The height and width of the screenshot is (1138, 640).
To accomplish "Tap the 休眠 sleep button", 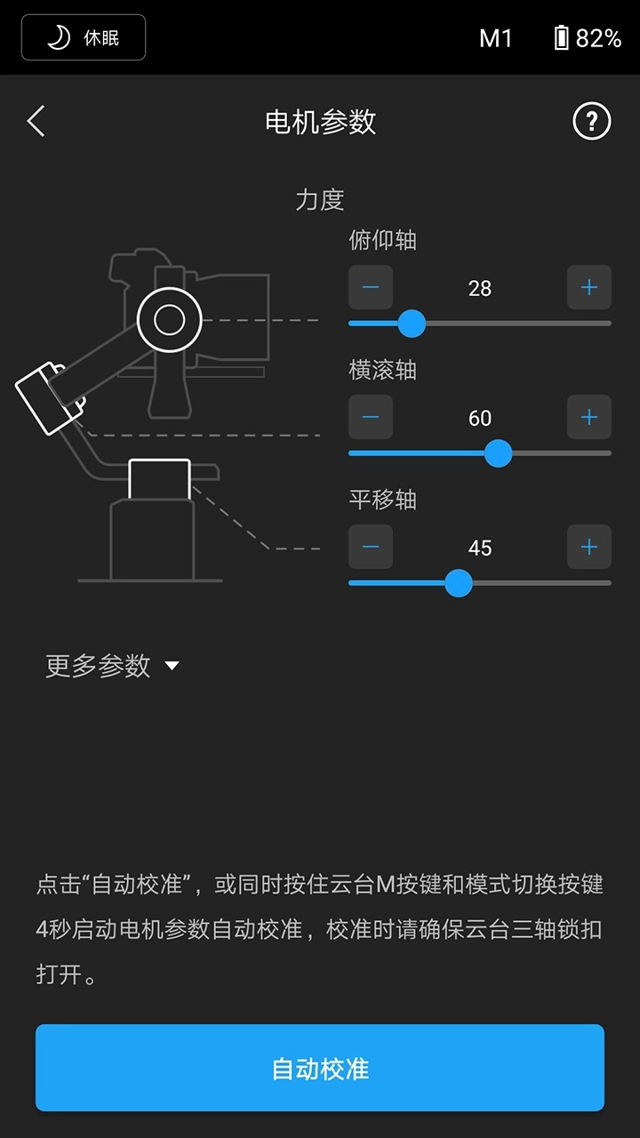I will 84,37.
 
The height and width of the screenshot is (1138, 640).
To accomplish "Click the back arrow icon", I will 36,121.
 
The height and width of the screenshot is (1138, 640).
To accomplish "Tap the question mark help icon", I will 591,121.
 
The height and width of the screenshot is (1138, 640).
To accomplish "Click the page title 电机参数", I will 320,122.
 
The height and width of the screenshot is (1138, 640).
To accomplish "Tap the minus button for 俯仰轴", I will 371,287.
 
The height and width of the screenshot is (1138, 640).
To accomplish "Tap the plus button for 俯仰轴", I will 588,287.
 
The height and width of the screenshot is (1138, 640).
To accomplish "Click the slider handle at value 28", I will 411,324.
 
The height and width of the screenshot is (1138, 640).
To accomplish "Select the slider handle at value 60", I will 498,453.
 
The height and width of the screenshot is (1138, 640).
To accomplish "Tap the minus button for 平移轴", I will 371,547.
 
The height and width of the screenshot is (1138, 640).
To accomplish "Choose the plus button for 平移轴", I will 588,547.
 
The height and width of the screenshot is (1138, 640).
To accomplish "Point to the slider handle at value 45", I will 458,583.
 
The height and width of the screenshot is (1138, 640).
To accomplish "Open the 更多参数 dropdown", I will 112,666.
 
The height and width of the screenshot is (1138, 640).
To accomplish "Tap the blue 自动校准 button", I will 320,1068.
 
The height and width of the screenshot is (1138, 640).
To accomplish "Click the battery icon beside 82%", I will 561,37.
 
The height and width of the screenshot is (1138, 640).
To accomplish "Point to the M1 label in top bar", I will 495,37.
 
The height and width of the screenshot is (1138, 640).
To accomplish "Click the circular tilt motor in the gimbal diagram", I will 169,319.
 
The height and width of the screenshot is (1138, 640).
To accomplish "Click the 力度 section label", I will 320,199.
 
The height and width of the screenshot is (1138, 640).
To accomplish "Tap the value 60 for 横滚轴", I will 480,418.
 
